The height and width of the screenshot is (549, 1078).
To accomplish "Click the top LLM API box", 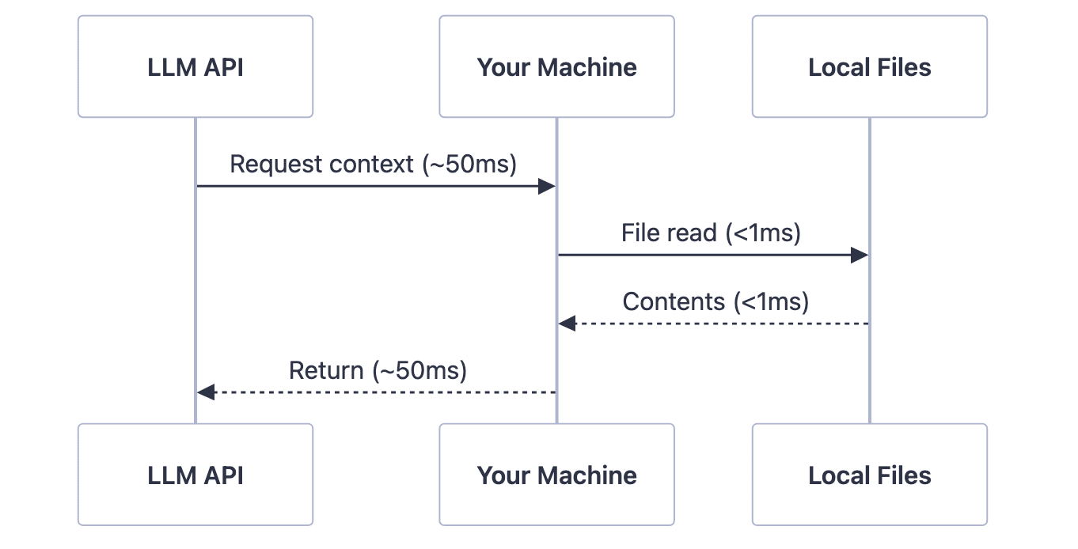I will point(195,66).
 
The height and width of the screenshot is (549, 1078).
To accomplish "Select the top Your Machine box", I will point(556,66).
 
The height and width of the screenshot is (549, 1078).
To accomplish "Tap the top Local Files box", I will point(869,66).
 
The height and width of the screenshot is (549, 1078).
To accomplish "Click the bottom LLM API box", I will point(195,475).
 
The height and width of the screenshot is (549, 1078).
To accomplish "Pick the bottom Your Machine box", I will point(556,475).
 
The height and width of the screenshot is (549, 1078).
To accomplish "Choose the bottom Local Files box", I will point(869,475).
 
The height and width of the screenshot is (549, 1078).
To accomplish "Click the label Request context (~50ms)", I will point(373,164).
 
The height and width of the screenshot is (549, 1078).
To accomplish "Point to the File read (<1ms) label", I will point(711,233).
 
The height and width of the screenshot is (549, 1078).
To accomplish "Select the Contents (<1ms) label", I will point(716,301).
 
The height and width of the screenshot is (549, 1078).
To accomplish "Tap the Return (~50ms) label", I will point(378,370).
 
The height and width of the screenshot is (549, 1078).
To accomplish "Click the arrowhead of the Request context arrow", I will point(546,186).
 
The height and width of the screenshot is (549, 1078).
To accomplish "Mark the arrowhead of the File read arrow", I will point(859,255).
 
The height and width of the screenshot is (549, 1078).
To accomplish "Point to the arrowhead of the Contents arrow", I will point(567,324).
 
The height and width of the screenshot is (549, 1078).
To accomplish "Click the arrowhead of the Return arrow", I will point(206,392).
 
